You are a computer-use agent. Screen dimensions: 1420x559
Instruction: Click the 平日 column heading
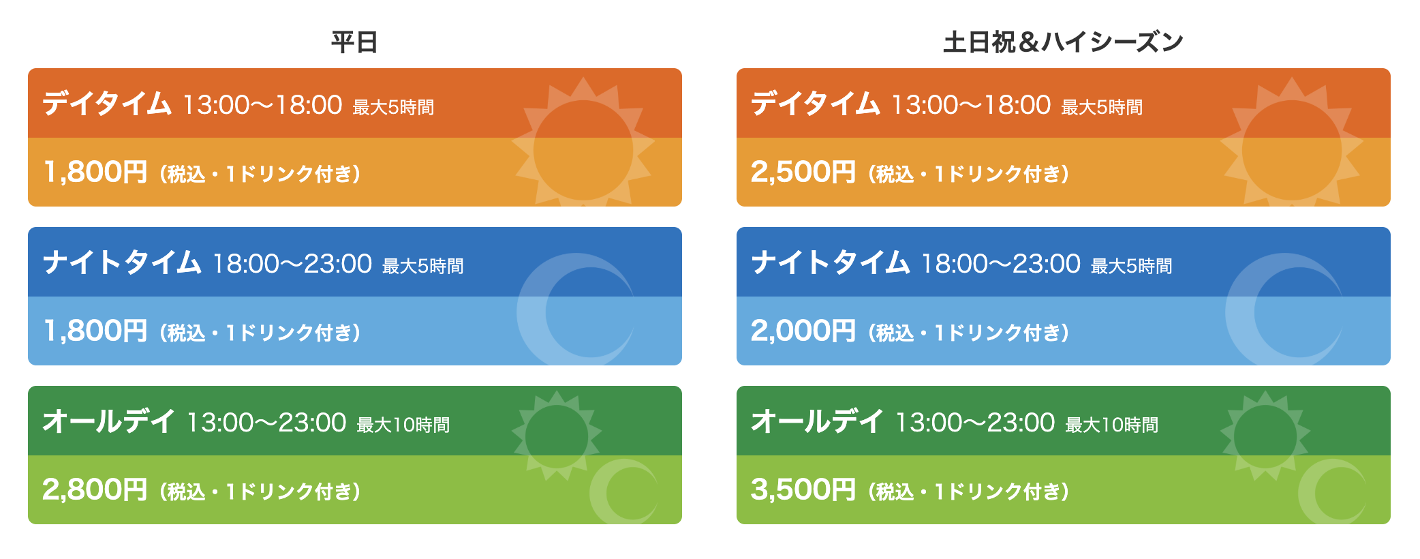coord(354,42)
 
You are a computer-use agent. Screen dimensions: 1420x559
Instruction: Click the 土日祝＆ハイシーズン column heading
coord(1063,42)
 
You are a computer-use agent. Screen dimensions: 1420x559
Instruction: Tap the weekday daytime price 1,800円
coord(95,172)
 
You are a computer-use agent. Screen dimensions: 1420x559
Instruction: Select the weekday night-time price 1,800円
coord(95,331)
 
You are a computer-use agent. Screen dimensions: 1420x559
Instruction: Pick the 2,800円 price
coord(95,489)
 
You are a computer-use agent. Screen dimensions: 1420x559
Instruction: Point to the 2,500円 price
coord(803,172)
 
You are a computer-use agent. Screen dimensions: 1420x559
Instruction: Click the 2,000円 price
coord(803,331)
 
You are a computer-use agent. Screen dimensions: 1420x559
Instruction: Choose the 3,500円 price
coord(803,489)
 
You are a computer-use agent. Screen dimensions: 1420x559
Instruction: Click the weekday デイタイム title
coord(107,104)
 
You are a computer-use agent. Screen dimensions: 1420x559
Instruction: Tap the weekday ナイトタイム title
coord(122,263)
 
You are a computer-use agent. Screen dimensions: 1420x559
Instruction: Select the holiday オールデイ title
coord(817,422)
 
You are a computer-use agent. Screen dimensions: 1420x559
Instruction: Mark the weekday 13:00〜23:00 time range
coord(266,423)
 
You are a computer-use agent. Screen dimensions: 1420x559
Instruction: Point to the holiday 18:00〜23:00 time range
coord(1001,264)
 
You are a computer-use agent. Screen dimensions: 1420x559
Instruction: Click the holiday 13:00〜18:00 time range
coord(971,105)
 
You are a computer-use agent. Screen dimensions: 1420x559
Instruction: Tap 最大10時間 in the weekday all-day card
coord(403,425)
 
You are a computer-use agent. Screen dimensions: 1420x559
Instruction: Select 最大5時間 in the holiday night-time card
coord(1132,266)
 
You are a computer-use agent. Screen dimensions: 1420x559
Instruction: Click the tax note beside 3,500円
coord(969,492)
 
